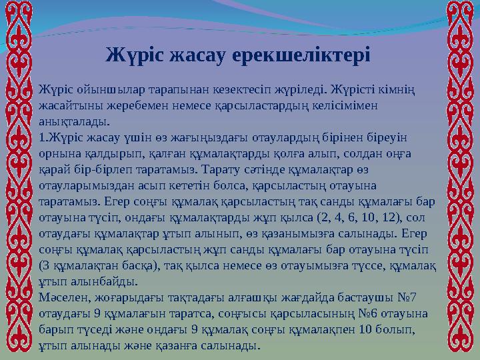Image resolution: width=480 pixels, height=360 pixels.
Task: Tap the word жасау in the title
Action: coord(198,53)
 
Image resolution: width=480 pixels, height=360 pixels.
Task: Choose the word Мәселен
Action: coord(64,298)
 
